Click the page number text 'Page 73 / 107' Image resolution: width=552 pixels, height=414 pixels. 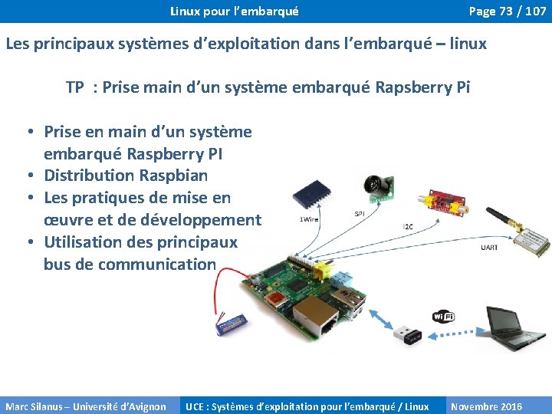pyautogui.click(x=507, y=11)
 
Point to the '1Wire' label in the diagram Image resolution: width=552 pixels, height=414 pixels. pyautogui.click(x=309, y=219)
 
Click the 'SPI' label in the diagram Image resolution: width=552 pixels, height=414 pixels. pyautogui.click(x=359, y=213)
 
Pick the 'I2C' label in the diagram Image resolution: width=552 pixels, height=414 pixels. pyautogui.click(x=407, y=226)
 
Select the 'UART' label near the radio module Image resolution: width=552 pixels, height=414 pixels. pyautogui.click(x=488, y=247)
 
